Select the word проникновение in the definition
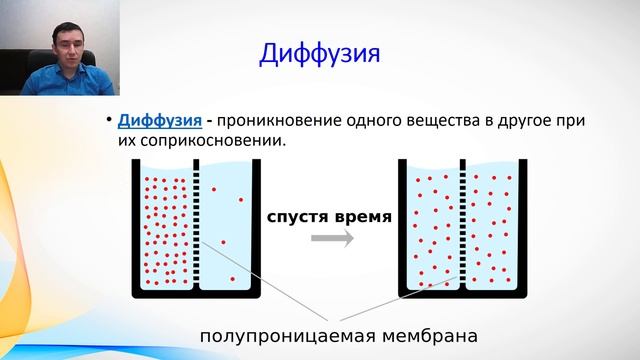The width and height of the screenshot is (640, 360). coord(276,120)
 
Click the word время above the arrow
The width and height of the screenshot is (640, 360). coord(358,215)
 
